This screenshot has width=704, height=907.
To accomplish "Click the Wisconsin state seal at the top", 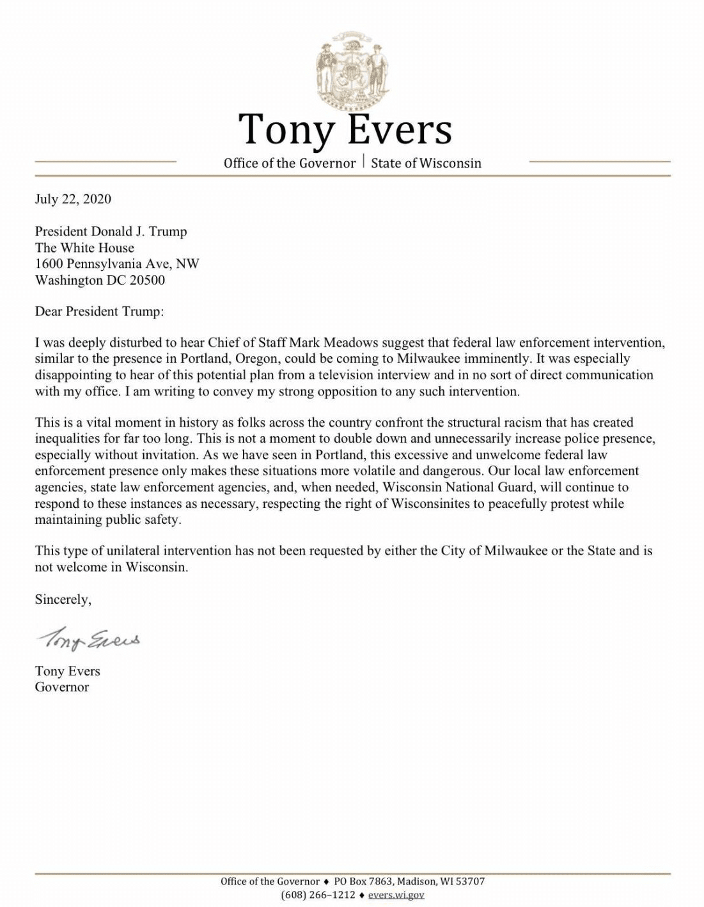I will [x=352, y=69].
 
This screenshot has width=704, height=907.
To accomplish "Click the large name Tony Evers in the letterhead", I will [x=345, y=129].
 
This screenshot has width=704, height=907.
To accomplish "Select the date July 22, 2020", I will [x=73, y=199].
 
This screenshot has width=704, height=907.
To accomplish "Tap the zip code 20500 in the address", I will [x=148, y=280].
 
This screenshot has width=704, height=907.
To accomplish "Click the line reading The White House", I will [x=84, y=248].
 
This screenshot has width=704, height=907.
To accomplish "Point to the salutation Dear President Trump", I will [x=99, y=312].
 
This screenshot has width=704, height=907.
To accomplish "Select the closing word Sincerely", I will [x=63, y=599].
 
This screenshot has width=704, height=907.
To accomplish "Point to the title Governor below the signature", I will [x=62, y=688].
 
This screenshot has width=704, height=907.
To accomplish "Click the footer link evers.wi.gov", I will [x=396, y=895].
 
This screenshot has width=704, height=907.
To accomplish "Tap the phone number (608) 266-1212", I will [x=318, y=895].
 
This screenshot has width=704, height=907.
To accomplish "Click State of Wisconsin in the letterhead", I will [x=426, y=163].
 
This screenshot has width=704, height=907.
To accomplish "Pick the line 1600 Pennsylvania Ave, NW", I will [x=117, y=264].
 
